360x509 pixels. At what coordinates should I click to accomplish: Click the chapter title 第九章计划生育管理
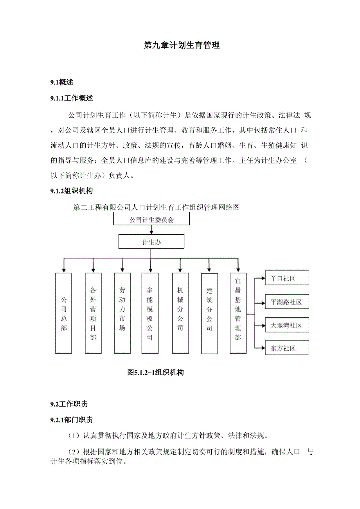tap(182, 45)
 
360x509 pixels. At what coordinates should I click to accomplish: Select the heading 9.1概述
tap(61, 82)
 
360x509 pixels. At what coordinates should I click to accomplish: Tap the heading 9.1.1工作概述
tap(72, 99)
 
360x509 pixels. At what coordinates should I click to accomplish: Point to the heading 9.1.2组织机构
tap(72, 191)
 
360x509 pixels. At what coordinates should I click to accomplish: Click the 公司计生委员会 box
tap(151, 219)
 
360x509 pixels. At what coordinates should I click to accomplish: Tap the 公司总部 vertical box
tap(64, 314)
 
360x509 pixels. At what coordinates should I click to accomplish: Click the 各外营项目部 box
tap(93, 314)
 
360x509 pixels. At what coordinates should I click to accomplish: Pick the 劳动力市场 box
tap(122, 314)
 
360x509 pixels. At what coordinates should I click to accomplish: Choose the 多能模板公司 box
tap(150, 314)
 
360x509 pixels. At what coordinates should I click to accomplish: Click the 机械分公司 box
tap(180, 314)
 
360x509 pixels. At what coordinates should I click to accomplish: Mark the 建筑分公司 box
tap(209, 314)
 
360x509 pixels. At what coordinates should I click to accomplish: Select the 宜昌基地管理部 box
tap(238, 314)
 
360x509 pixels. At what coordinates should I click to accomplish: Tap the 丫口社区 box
tap(287, 278)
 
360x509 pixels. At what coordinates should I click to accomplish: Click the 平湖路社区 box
tap(287, 302)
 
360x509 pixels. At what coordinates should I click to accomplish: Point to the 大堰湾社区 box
tap(287, 325)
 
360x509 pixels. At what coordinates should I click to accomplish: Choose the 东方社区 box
tap(287, 348)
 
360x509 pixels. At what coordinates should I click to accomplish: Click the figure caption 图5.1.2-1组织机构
tap(156, 373)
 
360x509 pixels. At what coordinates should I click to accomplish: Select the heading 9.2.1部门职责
tap(72, 420)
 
